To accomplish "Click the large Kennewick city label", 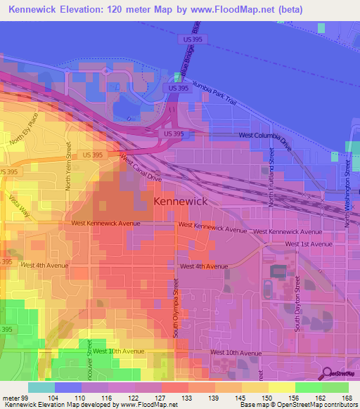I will [179, 202].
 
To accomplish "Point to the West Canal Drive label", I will [141, 169].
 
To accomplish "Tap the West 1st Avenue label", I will [308, 244].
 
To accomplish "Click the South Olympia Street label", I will [176, 308].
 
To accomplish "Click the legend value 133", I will [188, 397].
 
